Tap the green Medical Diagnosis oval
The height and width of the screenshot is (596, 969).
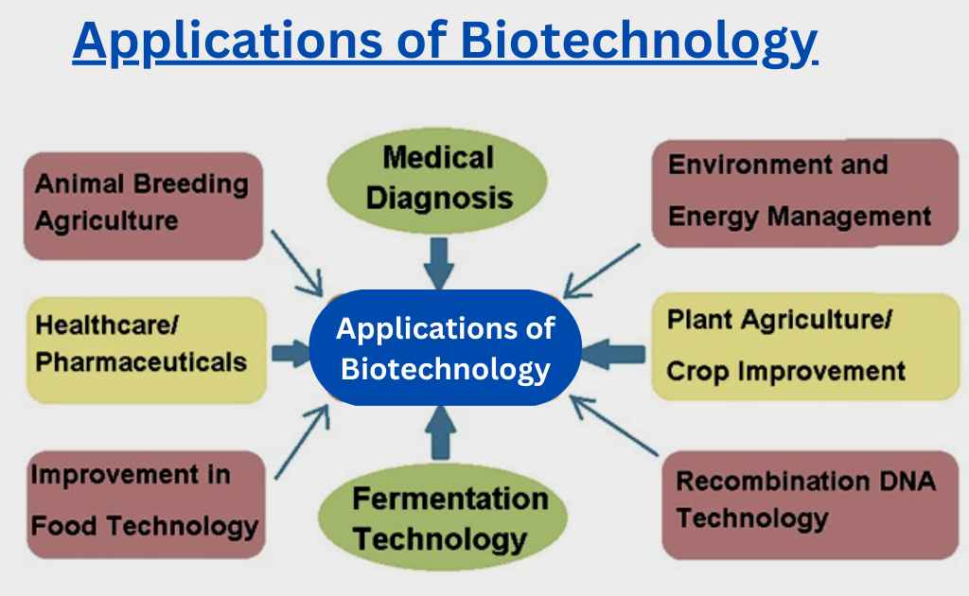pyautogui.click(x=437, y=180)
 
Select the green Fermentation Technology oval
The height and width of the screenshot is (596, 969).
pyautogui.click(x=443, y=517)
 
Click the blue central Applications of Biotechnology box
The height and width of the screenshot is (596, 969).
pyautogui.click(x=445, y=348)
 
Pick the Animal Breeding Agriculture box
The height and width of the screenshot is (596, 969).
pyautogui.click(x=144, y=205)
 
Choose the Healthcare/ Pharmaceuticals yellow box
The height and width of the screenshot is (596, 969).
pyautogui.click(x=147, y=350)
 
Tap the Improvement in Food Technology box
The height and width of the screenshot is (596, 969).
pyautogui.click(x=146, y=504)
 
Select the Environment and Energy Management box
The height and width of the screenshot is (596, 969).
pyautogui.click(x=805, y=193)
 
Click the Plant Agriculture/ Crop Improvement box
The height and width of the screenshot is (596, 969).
pyautogui.click(x=805, y=346)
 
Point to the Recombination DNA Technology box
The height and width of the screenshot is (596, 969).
pyautogui.click(x=810, y=504)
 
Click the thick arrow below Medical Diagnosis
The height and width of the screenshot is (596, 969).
pyautogui.click(x=439, y=263)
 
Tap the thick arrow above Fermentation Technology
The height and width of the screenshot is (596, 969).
pyautogui.click(x=441, y=433)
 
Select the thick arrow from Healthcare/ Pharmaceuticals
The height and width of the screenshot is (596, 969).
pyautogui.click(x=291, y=353)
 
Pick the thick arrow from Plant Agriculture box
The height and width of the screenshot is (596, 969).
pyautogui.click(x=613, y=354)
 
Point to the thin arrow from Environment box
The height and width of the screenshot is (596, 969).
pyautogui.click(x=601, y=272)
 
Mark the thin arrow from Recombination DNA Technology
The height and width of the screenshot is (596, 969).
pyautogui.click(x=613, y=426)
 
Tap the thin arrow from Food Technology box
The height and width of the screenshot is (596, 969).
pyautogui.click(x=302, y=441)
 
